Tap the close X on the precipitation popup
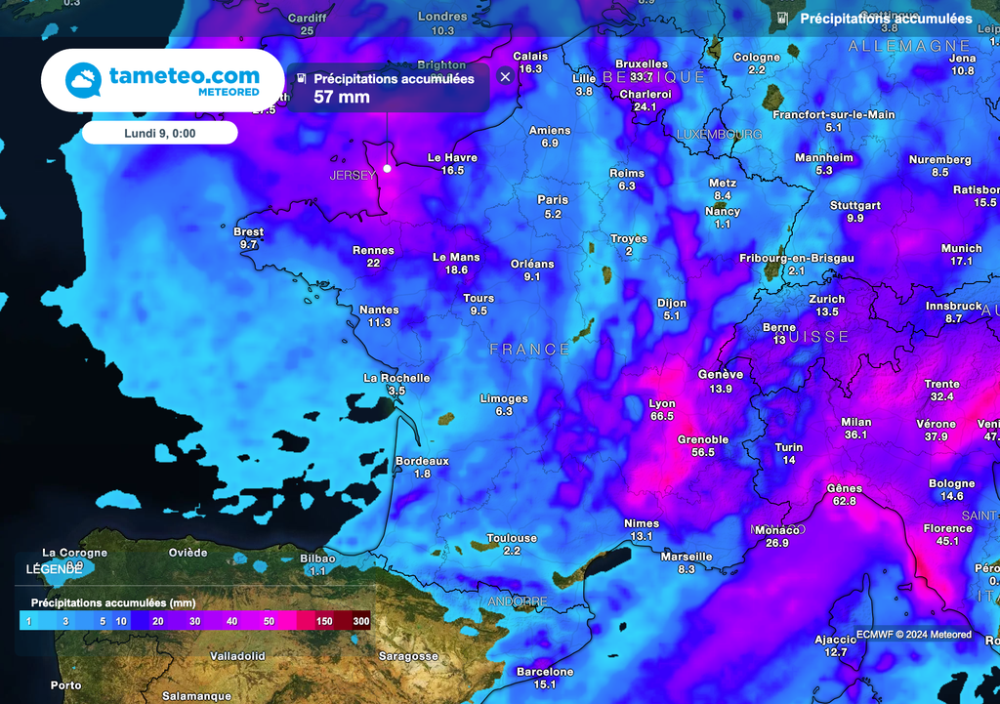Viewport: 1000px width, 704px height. tap(505, 77)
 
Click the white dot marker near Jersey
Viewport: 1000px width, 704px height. tap(387, 168)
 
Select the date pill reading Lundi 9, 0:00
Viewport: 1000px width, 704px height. tap(159, 133)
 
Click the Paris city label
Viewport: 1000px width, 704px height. tap(553, 199)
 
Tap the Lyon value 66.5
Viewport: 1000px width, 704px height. tap(662, 416)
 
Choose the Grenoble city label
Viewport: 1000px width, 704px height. tap(703, 439)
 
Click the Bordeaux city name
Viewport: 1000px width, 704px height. tap(422, 461)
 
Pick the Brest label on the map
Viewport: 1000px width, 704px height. tap(249, 232)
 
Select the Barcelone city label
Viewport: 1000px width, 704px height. tap(545, 672)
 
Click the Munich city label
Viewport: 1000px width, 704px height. tap(962, 249)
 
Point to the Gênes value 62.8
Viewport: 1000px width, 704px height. tap(845, 501)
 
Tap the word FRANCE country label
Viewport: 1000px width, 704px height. tap(530, 349)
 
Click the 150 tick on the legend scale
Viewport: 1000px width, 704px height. tap(324, 621)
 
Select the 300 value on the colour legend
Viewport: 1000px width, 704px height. tap(360, 621)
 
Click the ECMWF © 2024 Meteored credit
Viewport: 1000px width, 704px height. tap(914, 635)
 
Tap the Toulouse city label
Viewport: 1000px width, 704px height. tap(513, 538)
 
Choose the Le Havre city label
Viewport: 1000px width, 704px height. tap(452, 157)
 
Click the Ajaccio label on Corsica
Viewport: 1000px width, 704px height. tap(836, 640)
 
